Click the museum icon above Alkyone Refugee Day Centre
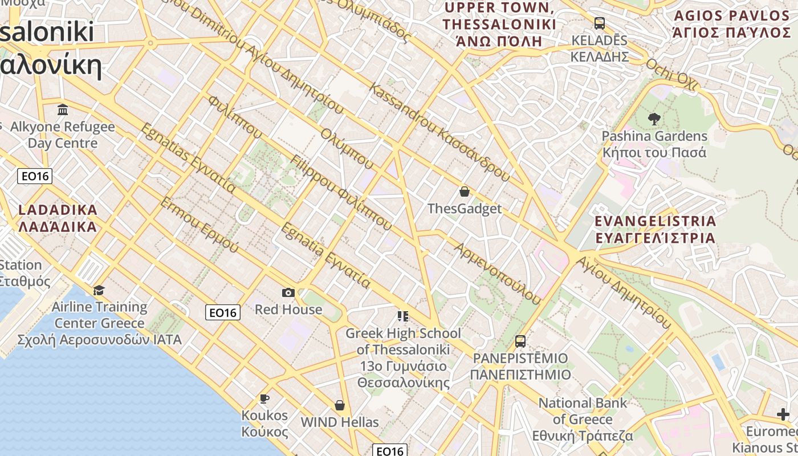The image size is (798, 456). tap(63, 109)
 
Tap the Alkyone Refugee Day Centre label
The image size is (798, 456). tap(63, 135)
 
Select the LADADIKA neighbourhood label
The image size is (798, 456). tap(58, 218)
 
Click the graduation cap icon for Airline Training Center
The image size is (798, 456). tap(99, 291)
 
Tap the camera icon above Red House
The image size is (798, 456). tap(288, 293)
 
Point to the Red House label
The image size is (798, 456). tap(288, 310)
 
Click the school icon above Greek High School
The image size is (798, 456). tap(403, 316)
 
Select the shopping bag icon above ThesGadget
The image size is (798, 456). tap(465, 192)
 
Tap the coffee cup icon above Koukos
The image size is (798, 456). tap(264, 398)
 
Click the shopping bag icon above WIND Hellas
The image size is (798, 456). tap(340, 405)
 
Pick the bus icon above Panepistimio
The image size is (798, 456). tap(520, 341)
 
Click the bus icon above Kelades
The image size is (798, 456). tap(599, 23)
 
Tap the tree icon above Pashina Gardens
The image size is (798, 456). tap(654, 119)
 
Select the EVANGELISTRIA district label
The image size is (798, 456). tap(655, 229)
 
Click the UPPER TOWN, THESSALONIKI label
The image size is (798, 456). tap(499, 24)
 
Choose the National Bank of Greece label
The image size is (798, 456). tap(583, 419)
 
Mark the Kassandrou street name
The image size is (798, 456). tap(439, 132)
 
